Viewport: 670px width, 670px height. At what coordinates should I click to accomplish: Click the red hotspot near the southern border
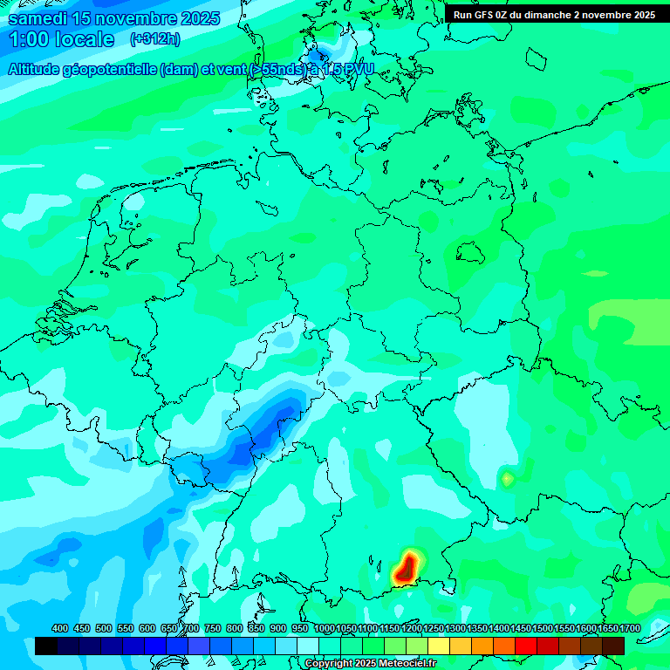[406, 568]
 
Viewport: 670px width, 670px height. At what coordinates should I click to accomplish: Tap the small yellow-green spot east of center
[507, 478]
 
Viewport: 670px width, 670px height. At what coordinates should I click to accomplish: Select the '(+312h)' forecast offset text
[155, 38]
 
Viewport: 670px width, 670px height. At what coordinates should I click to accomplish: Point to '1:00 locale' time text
[61, 39]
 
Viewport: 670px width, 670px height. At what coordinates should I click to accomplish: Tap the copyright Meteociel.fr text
[370, 664]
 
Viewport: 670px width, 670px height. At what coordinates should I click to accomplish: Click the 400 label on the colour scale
[60, 628]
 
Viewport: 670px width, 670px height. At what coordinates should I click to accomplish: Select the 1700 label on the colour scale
[630, 628]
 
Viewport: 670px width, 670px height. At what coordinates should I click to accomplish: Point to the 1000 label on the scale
[325, 628]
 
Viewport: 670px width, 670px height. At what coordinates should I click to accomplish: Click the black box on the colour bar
[46, 646]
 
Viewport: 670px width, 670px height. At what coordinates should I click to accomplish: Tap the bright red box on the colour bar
[526, 646]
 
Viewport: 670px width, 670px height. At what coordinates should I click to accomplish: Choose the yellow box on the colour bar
[439, 646]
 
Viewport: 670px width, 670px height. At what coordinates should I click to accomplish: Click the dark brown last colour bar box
[613, 646]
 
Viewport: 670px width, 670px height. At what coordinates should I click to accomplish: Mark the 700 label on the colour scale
[191, 628]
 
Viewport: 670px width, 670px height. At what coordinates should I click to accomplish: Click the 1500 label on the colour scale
[543, 628]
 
